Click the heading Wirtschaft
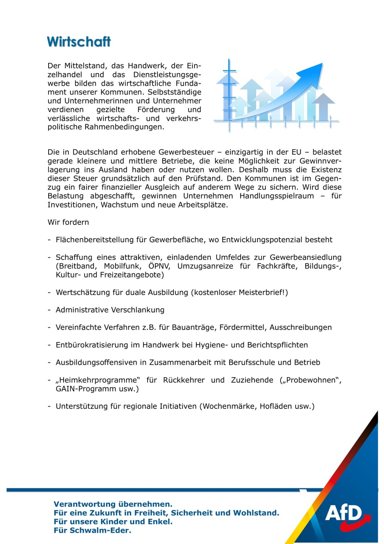(x=79, y=41)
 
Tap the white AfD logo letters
(x=343, y=513)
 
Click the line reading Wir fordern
(x=68, y=222)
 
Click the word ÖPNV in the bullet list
(x=159, y=266)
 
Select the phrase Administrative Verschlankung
(x=110, y=310)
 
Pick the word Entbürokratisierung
(x=92, y=345)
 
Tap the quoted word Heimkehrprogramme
(x=98, y=380)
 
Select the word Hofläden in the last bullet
(x=275, y=406)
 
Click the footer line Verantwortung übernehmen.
(x=113, y=504)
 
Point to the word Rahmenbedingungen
(x=124, y=127)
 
